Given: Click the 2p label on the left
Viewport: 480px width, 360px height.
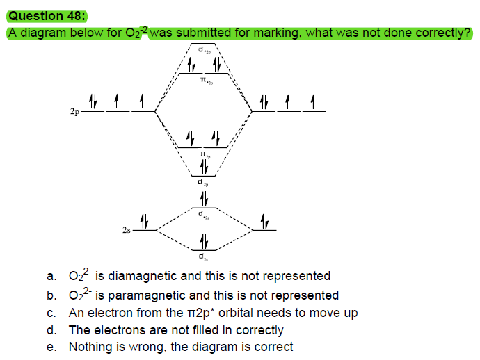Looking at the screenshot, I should click(x=74, y=111).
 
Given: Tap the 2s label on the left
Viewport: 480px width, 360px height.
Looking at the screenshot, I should click(x=125, y=230).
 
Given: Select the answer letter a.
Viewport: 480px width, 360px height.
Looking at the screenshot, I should click(x=51, y=277).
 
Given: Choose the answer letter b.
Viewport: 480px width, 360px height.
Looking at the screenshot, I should click(x=51, y=295).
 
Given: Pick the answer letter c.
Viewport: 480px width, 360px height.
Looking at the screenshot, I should click(x=51, y=313).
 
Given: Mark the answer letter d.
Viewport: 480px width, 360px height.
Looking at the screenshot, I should click(x=51, y=330).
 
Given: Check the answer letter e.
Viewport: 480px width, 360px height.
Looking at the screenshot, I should click(x=51, y=347).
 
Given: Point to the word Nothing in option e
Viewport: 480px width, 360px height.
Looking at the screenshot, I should click(x=91, y=347).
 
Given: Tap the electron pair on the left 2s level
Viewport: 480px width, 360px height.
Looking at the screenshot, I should click(x=145, y=222).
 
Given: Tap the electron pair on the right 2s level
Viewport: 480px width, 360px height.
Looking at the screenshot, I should click(x=264, y=222).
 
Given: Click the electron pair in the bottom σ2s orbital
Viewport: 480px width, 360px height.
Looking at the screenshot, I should click(x=204, y=242).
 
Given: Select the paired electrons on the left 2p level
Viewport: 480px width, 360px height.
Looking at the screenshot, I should click(x=93, y=102).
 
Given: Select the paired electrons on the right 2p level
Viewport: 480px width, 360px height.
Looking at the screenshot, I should click(x=264, y=102).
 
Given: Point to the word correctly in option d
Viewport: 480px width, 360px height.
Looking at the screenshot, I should click(x=257, y=330).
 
